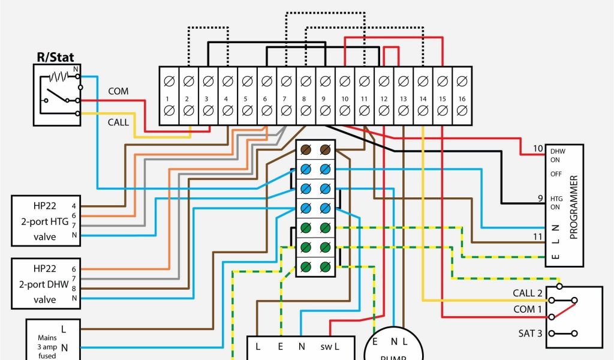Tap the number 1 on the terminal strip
pos(168,97)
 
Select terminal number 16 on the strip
pos(461,97)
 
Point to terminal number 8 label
pos(305,97)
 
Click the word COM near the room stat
pos(118,91)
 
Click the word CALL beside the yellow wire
pos(118,122)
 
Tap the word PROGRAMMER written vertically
pos(573,207)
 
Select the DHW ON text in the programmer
pos(558,155)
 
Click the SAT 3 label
pos(530,332)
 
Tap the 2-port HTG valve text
pos(44,221)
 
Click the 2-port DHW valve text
pos(44,284)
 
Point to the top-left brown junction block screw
pos(306,149)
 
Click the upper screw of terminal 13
pos(403,80)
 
